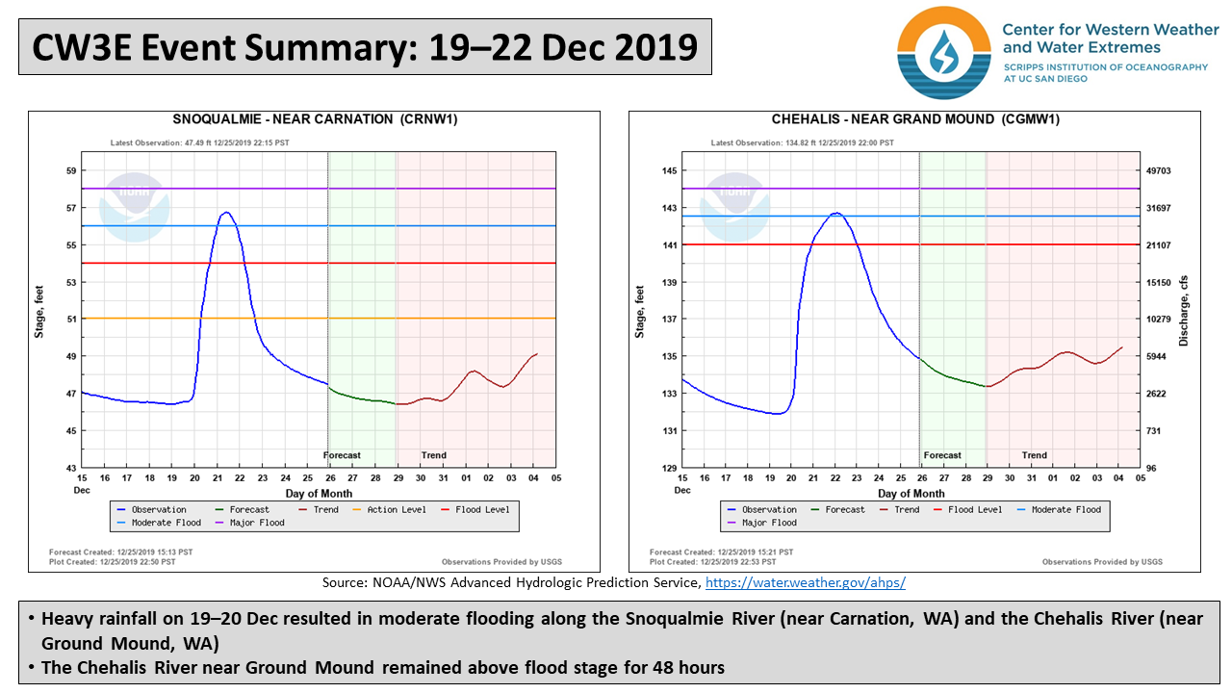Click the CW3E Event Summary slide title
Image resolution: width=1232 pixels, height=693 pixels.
tap(365, 46)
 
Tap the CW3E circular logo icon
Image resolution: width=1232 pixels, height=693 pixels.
tap(943, 52)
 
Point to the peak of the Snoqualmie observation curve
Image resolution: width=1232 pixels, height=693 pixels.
tap(225, 213)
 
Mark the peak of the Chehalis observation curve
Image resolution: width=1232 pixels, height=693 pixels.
tap(835, 213)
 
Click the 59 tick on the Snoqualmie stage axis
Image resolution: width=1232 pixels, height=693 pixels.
tap(70, 171)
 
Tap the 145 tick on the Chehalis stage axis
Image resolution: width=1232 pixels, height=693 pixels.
tap(670, 171)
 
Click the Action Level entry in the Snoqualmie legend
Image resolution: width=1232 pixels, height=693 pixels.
tap(396, 510)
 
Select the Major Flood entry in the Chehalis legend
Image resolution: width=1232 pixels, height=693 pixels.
tap(769, 523)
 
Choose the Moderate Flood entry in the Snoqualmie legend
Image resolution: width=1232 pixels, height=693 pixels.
tap(167, 523)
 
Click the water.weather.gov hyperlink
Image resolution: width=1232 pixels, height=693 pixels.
tap(806, 583)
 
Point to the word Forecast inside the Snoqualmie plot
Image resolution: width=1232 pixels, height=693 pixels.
tap(342, 455)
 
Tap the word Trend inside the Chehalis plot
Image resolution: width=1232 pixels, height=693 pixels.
tap(1034, 455)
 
